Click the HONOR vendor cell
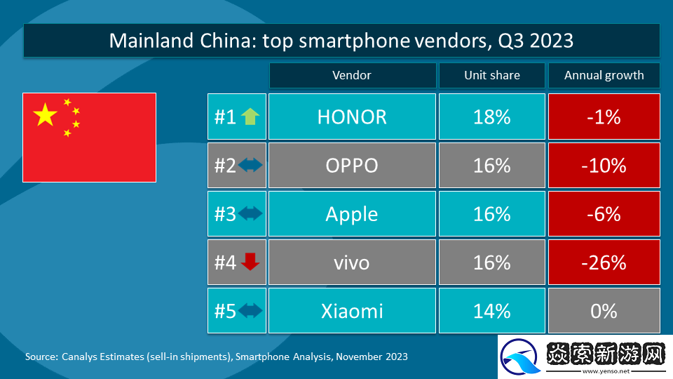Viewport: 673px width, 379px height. [352, 117]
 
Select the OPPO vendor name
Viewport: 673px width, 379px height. [352, 165]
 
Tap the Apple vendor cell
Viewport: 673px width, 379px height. [352, 213]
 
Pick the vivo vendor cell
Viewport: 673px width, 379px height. [352, 262]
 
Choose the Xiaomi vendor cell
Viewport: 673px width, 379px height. [352, 310]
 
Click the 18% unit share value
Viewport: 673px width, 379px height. [491, 117]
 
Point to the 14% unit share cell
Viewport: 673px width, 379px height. [491, 310]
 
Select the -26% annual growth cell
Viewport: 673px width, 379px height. [604, 262]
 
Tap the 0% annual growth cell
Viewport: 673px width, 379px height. [604, 310]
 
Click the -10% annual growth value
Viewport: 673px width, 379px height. [604, 165]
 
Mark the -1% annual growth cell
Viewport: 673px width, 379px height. [604, 117]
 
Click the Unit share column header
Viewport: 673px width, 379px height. [491, 75]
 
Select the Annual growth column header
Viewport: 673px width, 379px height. [604, 75]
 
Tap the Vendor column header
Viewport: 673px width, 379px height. [352, 75]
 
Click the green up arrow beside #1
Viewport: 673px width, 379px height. [250, 117]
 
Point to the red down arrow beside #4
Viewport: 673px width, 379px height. [250, 262]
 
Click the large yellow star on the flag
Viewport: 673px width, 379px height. [46, 114]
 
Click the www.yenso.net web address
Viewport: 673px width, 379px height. [606, 371]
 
